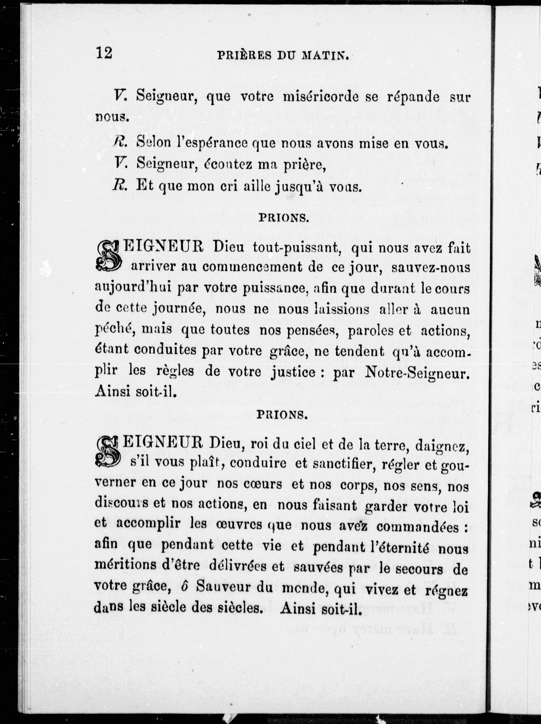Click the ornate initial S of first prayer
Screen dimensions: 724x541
108,256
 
